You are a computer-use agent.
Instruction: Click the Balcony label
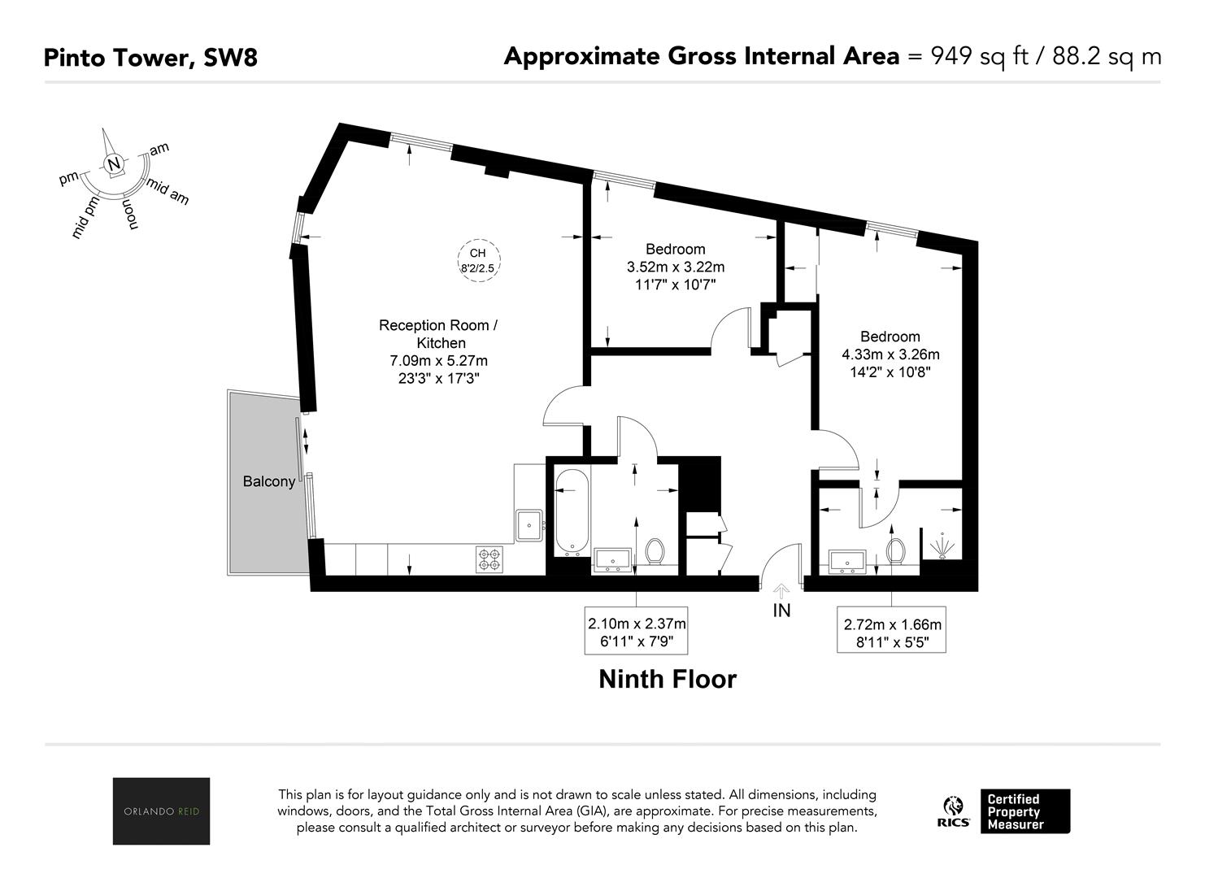click(x=269, y=481)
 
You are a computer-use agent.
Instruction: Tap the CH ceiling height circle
click(x=479, y=260)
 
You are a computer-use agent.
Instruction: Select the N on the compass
click(x=114, y=163)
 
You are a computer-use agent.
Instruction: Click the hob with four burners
click(x=489, y=559)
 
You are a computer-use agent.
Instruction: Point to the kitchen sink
click(x=529, y=524)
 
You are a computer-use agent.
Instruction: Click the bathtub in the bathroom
click(x=572, y=511)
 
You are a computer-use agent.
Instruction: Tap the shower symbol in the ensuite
click(x=942, y=545)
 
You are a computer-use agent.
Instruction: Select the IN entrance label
click(x=781, y=610)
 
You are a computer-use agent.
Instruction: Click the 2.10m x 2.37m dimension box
click(x=637, y=632)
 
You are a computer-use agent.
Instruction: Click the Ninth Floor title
click(x=668, y=679)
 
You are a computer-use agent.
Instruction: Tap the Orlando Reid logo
click(x=161, y=811)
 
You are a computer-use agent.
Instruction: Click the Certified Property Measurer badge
click(x=1025, y=811)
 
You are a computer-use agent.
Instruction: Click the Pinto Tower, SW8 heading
click(x=150, y=58)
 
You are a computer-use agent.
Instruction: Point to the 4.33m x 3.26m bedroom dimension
click(x=890, y=354)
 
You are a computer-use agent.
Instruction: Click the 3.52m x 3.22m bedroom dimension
click(x=676, y=267)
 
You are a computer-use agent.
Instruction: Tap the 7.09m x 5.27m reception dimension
click(x=439, y=360)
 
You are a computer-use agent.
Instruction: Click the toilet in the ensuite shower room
click(x=896, y=551)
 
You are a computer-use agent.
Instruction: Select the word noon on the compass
click(x=131, y=215)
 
